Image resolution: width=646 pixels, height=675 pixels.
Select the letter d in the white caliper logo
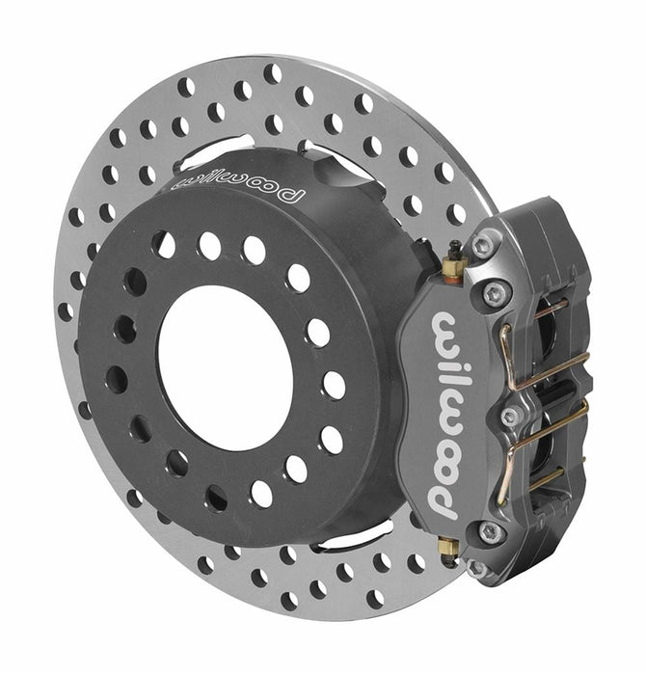[445, 500]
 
